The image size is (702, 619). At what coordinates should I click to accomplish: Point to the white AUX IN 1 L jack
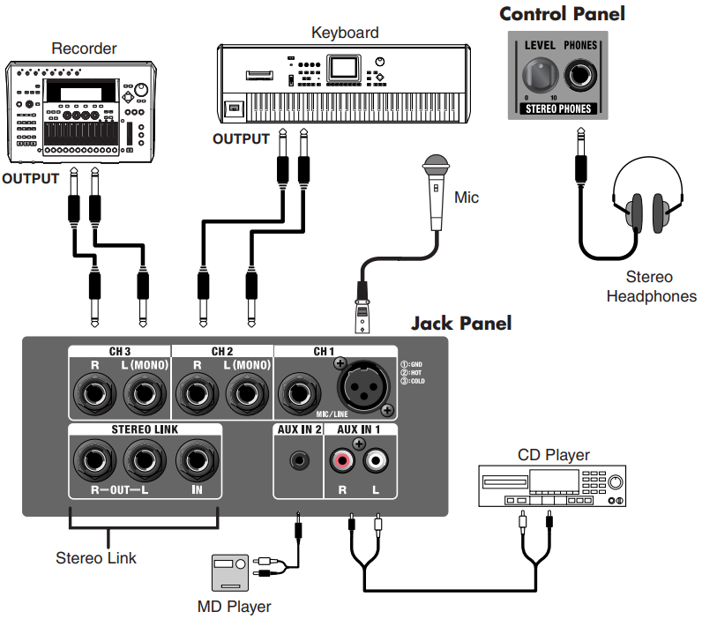click(377, 460)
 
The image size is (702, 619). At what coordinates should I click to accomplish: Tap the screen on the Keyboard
click(343, 69)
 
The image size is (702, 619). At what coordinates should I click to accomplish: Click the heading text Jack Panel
click(460, 323)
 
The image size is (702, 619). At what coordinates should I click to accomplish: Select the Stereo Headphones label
click(651, 287)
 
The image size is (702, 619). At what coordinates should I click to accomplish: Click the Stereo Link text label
click(96, 557)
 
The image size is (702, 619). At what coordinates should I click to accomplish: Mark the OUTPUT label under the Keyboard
click(241, 138)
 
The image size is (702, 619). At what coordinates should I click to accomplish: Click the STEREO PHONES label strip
click(557, 109)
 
